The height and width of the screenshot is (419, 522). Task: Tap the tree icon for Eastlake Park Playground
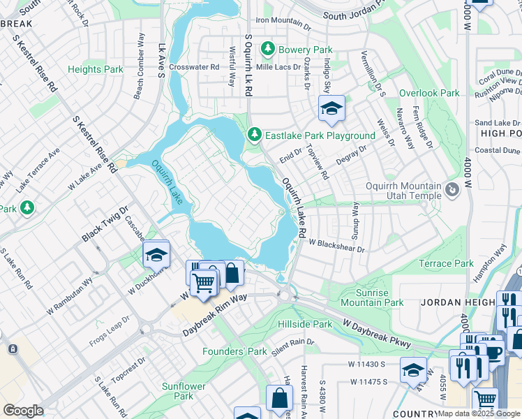255,134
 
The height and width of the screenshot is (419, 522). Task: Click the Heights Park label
96,69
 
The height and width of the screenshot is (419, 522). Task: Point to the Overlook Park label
429,93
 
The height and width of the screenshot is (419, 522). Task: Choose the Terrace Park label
446,263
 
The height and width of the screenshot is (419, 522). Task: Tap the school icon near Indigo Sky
331,108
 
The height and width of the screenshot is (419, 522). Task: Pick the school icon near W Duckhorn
156,256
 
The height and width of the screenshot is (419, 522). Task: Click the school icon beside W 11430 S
413,370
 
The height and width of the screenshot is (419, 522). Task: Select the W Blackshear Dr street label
337,246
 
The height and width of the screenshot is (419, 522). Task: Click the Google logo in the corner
23,411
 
